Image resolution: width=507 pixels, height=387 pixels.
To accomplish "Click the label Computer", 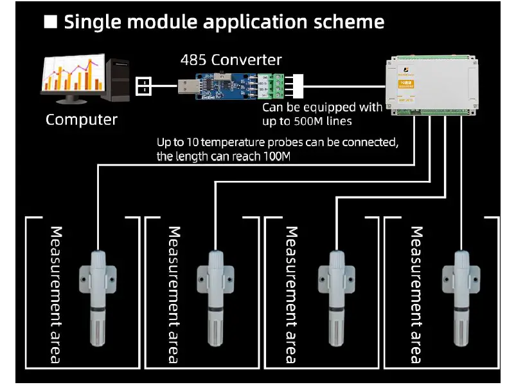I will [82, 120].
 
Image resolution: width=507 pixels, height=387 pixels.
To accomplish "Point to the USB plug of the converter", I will [188, 83].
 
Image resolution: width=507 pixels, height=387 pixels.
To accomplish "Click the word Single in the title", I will [95, 23].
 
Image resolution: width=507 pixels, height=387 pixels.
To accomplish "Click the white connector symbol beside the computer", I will [146, 84].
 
